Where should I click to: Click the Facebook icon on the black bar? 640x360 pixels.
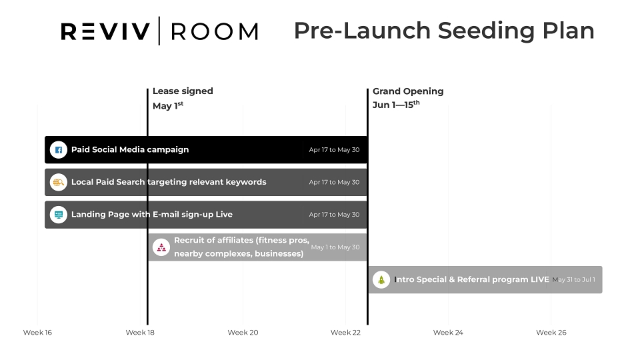pos(59,150)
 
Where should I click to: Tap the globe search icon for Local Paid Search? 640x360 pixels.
pos(59,182)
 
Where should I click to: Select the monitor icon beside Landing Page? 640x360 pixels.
pos(59,215)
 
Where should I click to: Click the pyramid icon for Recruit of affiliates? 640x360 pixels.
pos(161,247)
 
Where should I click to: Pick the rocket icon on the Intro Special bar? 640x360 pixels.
pos(381,280)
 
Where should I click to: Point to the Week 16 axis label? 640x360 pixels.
pos(37,332)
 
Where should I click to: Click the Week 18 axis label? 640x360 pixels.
pos(140,332)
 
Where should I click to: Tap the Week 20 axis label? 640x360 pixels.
pos(243,332)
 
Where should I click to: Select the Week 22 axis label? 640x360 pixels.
pos(346,332)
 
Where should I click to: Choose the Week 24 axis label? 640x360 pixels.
pos(448,332)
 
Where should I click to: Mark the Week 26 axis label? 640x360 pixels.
pos(551,332)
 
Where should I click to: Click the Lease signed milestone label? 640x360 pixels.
pos(183,91)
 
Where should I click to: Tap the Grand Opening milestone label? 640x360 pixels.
pos(408,91)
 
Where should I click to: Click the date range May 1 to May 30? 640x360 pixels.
pos(335,247)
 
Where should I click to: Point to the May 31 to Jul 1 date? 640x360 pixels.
pos(573,279)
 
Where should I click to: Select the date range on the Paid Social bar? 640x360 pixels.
pos(334,150)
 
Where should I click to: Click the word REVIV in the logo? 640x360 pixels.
pos(105,31)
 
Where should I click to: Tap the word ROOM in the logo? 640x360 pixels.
pos(215,31)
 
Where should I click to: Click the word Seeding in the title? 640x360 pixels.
pos(486,31)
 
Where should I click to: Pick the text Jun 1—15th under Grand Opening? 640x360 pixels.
pos(396,105)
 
